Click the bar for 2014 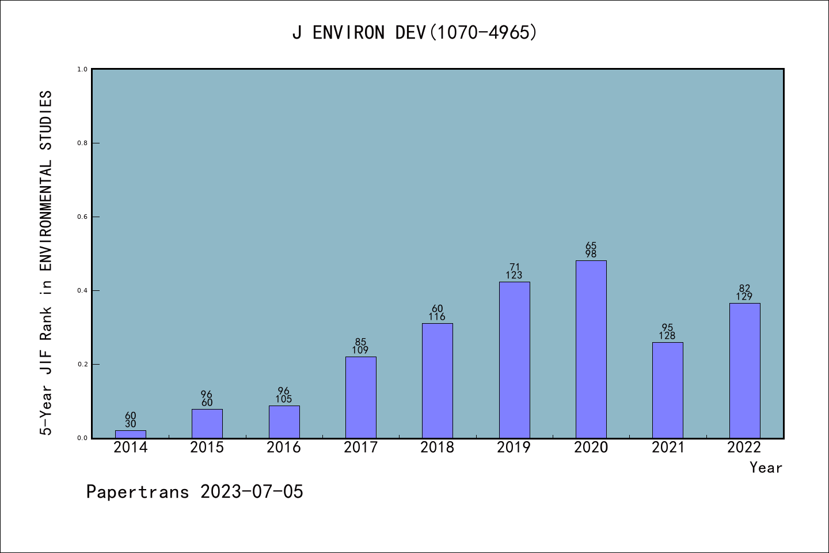point(131,434)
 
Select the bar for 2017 point(361,397)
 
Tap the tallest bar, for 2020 point(591,349)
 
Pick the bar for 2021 point(668,390)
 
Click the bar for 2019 point(514,360)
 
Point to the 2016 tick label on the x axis point(284,448)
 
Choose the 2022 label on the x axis point(744,448)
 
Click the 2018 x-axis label point(438,448)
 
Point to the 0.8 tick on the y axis point(82,143)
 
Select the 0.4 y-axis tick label point(82,290)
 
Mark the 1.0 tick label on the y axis point(82,69)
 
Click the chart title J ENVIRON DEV point(414,33)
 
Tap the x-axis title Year point(766,468)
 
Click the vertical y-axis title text point(46,262)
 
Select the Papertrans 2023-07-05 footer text point(195,492)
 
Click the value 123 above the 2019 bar point(514,275)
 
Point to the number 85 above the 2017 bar point(361,342)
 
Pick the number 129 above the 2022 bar point(744,297)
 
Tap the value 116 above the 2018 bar point(438,317)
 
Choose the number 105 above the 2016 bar point(284,399)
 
